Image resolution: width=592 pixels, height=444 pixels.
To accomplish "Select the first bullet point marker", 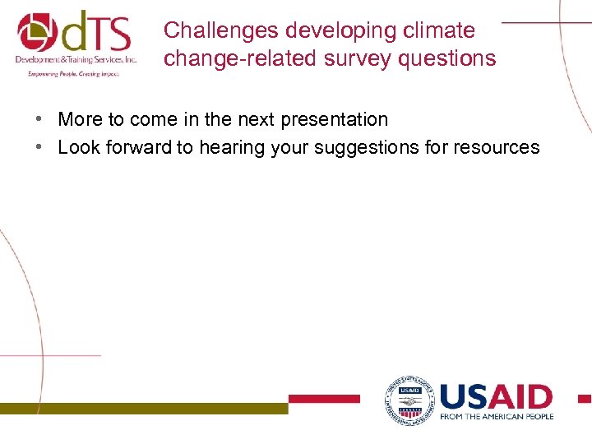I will (39, 120).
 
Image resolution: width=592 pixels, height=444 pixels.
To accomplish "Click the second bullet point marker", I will (39, 148).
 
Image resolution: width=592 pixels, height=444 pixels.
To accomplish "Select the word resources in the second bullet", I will (499, 147).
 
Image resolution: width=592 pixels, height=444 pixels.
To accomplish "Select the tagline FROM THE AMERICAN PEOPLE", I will (497, 416).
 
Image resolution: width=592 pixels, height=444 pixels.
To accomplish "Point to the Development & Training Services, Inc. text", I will (76, 60).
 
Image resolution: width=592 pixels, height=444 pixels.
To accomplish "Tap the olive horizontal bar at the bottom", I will (144, 408).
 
